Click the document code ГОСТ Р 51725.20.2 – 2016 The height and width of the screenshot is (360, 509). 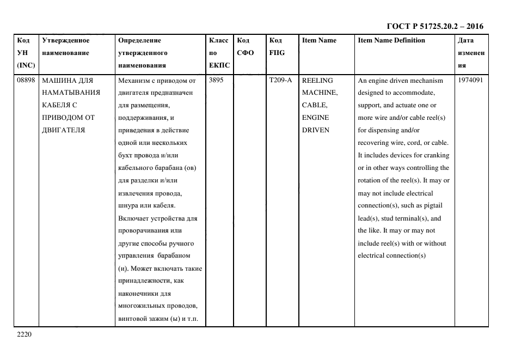[x=434, y=26]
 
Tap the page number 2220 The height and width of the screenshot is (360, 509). [x=25, y=334]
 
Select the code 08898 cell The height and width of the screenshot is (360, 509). [x=26, y=81]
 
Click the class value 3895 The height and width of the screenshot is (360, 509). [x=216, y=81]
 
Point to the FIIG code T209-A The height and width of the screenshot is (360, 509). [x=280, y=81]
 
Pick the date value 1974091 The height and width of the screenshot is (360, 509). [x=470, y=81]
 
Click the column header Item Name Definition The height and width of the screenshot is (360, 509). [x=391, y=40]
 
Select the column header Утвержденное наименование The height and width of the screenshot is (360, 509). [x=65, y=47]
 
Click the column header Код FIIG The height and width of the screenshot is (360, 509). [x=277, y=47]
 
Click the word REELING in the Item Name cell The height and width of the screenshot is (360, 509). [x=317, y=81]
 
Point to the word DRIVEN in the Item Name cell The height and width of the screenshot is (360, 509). [x=315, y=130]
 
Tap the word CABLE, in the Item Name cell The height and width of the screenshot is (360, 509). [x=315, y=105]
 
